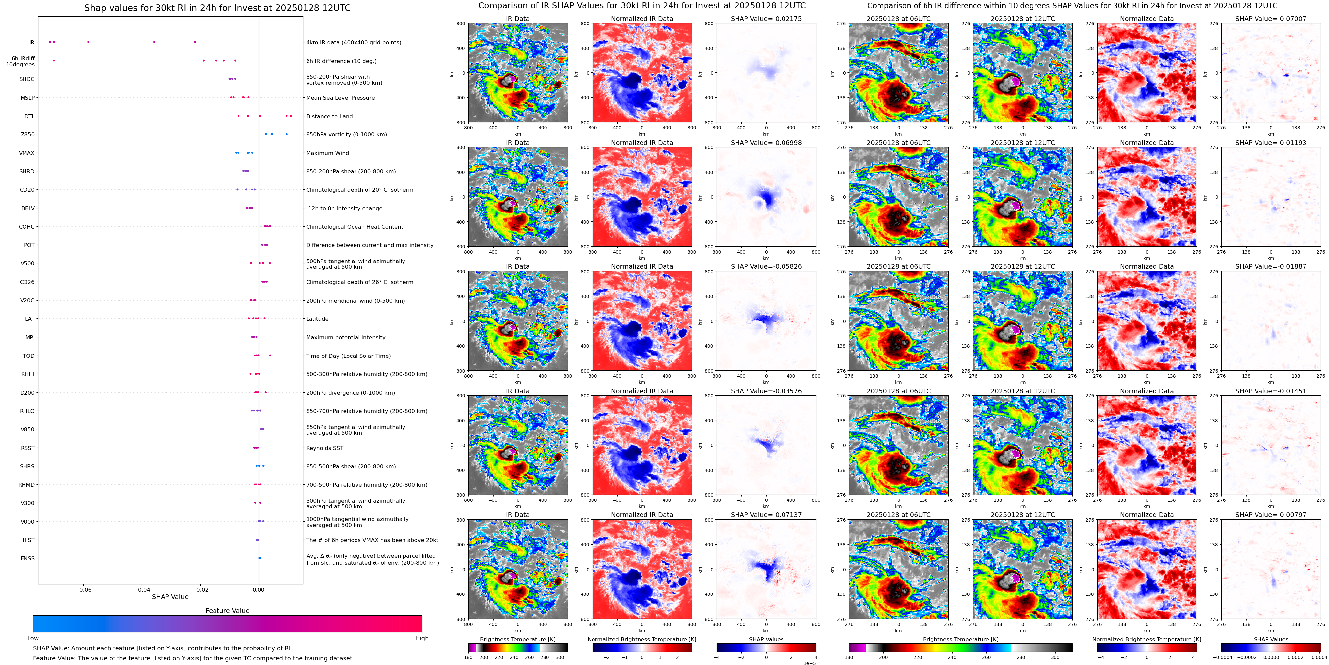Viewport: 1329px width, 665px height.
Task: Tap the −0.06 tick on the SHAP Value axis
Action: tap(83, 590)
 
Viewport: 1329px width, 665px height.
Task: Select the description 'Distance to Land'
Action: tap(329, 116)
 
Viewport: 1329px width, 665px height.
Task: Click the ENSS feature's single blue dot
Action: tap(259, 558)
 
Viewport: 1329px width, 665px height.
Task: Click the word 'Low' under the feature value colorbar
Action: tap(33, 638)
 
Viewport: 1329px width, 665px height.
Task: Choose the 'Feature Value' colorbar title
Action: tap(227, 611)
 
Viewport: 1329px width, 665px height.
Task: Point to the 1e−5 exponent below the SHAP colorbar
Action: tap(809, 663)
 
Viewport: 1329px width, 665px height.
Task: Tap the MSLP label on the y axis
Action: tap(27, 98)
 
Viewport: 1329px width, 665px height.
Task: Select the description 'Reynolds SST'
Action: tap(324, 448)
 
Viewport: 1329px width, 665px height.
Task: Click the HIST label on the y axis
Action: tap(28, 540)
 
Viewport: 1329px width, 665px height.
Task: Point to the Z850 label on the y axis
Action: tap(27, 135)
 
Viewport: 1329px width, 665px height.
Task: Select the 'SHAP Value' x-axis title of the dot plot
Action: tap(170, 597)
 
